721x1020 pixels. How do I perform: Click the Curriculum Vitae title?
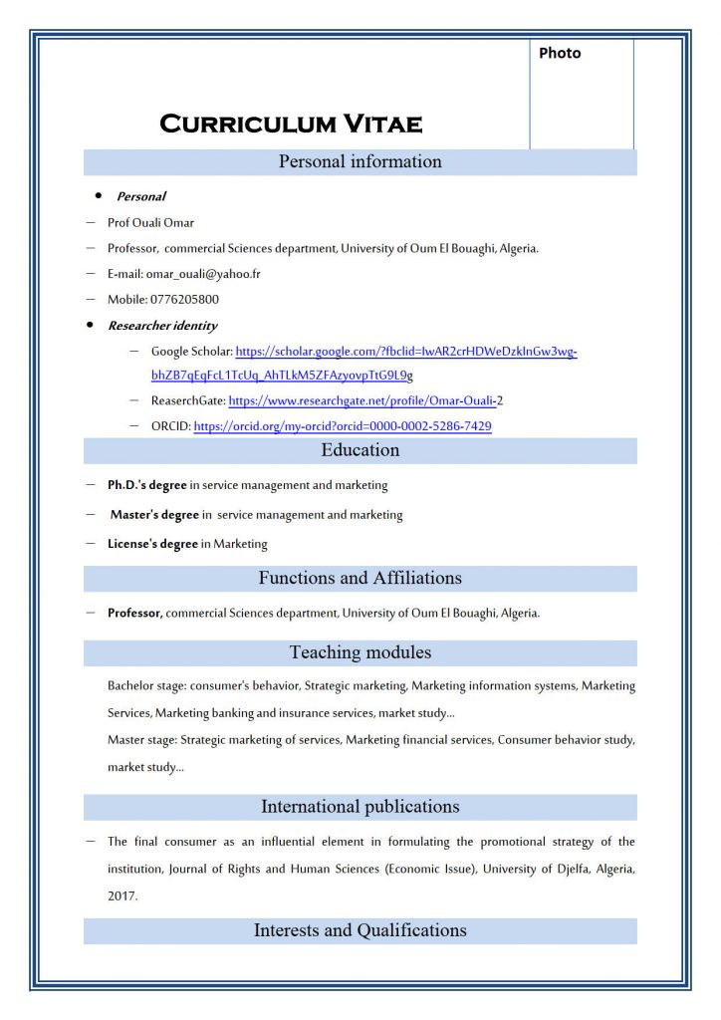(x=291, y=125)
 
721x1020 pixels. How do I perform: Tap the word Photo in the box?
(x=560, y=53)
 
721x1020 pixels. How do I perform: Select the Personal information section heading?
(x=360, y=161)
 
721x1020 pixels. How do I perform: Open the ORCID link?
(x=342, y=426)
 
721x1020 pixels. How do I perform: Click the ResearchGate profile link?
(x=362, y=400)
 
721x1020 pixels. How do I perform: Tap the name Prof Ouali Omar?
(x=150, y=222)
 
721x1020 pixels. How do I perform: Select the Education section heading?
(x=360, y=450)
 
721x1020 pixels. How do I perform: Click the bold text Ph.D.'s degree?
(x=147, y=485)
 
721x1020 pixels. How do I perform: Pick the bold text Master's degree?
(x=154, y=515)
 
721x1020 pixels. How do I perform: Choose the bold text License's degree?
(x=152, y=544)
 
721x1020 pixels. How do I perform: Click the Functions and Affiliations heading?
(x=360, y=578)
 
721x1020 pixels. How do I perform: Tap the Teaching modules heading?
(x=360, y=652)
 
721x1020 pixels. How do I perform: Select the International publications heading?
(x=360, y=806)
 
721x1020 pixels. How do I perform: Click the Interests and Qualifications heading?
(x=360, y=930)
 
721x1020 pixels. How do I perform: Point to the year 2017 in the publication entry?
(x=122, y=895)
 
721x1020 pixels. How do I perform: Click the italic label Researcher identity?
(x=162, y=326)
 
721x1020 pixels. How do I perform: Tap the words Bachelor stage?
(x=140, y=686)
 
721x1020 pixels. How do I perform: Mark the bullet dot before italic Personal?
(x=98, y=195)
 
